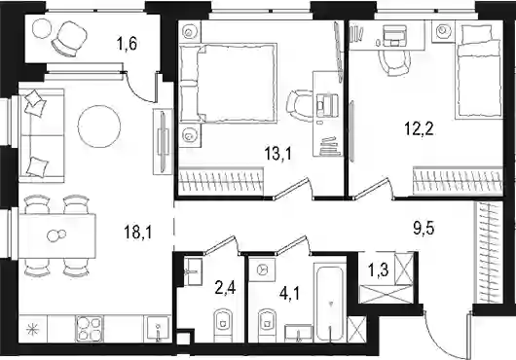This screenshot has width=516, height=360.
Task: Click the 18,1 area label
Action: coord(138,233)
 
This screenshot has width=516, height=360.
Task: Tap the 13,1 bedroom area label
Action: coord(278,154)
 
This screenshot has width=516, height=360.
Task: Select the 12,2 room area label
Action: coord(419,128)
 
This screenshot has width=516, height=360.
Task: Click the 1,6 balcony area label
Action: coord(127,44)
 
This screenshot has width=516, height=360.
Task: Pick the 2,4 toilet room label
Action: coord(226,289)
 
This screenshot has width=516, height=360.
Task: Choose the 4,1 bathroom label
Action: coord(289,294)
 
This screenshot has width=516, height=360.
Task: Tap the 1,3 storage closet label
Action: coord(378,270)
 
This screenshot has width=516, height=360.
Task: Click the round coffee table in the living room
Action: coord(99,126)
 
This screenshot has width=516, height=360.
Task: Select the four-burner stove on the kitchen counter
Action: coord(90,329)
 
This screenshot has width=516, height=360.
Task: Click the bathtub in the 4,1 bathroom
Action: coord(330,303)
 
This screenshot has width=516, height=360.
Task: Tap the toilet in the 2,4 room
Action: coord(223,325)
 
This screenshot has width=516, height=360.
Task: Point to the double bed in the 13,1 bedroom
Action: coord(228,83)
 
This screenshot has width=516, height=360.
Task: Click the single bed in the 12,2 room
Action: coord(479,72)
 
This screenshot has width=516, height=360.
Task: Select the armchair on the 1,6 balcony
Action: coord(69,38)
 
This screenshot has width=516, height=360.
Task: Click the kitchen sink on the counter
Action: coord(158,329)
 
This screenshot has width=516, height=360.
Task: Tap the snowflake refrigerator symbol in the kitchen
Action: coord(33,329)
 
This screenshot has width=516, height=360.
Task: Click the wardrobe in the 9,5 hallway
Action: coord(489,253)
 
